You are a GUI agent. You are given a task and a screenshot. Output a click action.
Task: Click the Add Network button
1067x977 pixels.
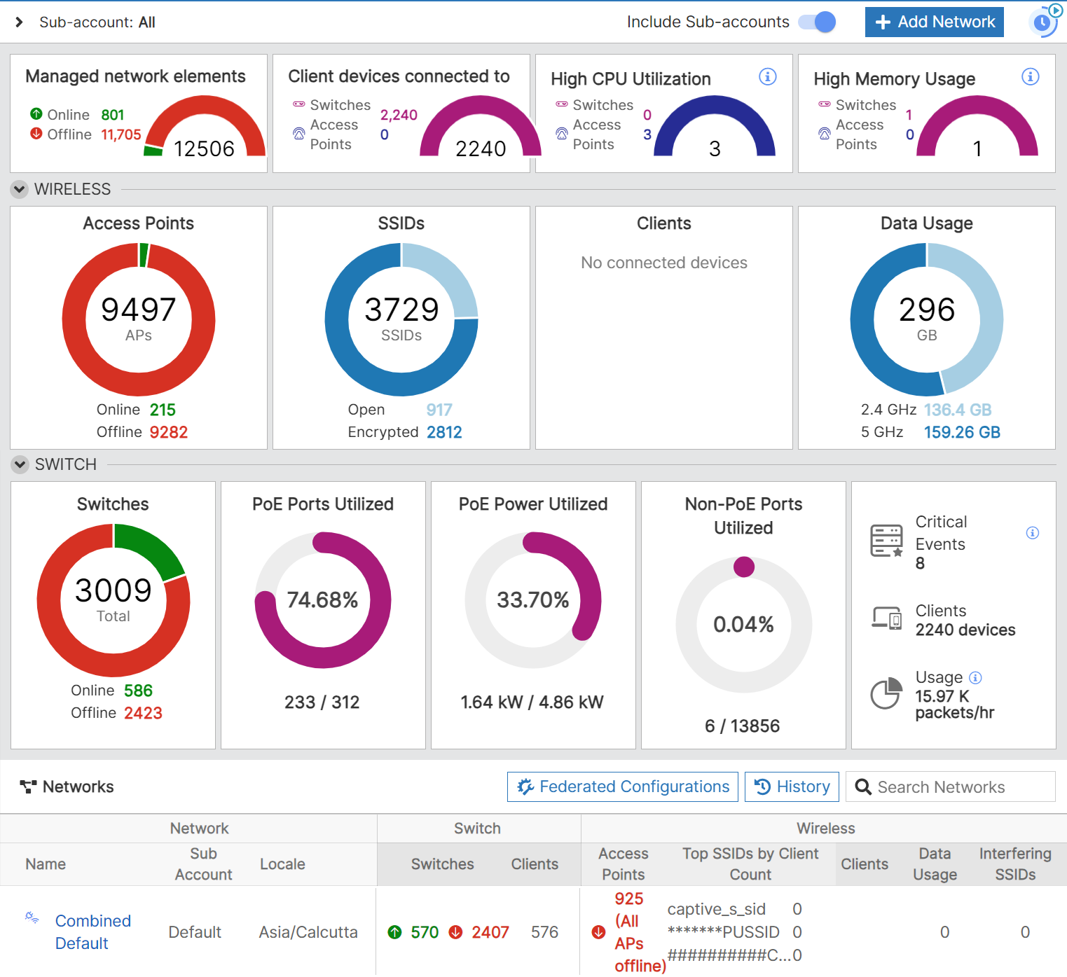pyautogui.click(x=934, y=22)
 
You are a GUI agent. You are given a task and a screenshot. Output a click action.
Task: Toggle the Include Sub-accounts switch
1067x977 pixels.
pyautogui.click(x=818, y=22)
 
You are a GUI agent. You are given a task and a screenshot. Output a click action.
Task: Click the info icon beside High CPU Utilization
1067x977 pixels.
pyautogui.click(x=767, y=76)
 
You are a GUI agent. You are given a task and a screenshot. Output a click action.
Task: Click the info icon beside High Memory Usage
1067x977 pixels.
pyautogui.click(x=1030, y=76)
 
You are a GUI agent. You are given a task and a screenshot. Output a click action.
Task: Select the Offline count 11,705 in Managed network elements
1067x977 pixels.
pyautogui.click(x=121, y=134)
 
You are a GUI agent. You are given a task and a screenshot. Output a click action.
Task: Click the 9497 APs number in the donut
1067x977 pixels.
pyautogui.click(x=138, y=310)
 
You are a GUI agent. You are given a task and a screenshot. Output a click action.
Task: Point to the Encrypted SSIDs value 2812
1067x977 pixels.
pyautogui.click(x=444, y=432)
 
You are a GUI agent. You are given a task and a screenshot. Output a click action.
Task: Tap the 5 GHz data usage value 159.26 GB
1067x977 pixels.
pyautogui.click(x=961, y=432)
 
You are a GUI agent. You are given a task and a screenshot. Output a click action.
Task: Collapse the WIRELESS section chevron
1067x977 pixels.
pyautogui.click(x=20, y=189)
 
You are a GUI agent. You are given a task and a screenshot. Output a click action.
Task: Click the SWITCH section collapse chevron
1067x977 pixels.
pyautogui.click(x=20, y=464)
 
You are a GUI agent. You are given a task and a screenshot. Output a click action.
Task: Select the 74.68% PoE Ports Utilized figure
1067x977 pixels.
pyautogui.click(x=322, y=600)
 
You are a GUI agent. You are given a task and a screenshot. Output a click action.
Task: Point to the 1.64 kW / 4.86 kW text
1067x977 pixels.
pyautogui.click(x=532, y=702)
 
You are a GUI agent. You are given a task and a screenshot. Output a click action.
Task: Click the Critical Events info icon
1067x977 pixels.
pyautogui.click(x=1032, y=533)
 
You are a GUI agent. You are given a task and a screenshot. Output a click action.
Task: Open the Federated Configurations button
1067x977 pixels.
pyautogui.click(x=623, y=787)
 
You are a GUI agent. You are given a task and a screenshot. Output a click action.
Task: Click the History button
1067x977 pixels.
pyautogui.click(x=792, y=787)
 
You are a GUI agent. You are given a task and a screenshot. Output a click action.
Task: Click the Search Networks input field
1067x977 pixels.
pyautogui.click(x=956, y=787)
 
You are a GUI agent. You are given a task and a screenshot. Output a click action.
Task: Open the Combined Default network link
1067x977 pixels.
pyautogui.click(x=92, y=931)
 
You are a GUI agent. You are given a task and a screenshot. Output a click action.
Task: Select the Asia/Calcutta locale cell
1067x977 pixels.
pyautogui.click(x=308, y=932)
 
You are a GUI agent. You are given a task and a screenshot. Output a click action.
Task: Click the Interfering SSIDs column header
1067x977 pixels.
pyautogui.click(x=1014, y=864)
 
